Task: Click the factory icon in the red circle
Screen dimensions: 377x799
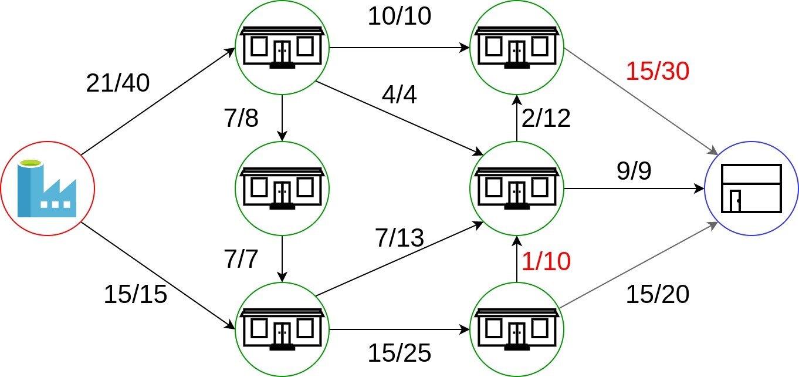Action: (x=47, y=188)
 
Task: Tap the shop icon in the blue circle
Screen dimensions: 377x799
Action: (x=751, y=188)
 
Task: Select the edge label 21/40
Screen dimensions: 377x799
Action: (x=118, y=84)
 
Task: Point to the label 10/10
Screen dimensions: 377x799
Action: (x=399, y=16)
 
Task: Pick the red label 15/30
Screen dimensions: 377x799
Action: (x=657, y=72)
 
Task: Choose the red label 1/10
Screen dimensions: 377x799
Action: (x=546, y=261)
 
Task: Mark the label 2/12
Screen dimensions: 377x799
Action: (x=546, y=119)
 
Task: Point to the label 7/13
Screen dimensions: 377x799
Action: (x=399, y=237)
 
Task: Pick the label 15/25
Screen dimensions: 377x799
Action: (x=399, y=353)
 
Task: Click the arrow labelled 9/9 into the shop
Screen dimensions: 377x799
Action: (x=634, y=188)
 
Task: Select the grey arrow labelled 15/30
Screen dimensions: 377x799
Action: (x=639, y=100)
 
